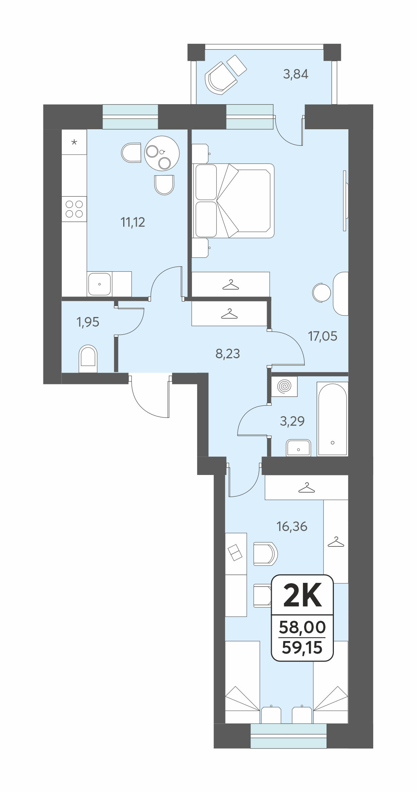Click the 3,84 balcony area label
click(296, 74)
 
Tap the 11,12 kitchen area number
click(133, 222)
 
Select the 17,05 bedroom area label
click(322, 336)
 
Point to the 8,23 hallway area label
click(228, 354)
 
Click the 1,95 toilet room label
click(88, 322)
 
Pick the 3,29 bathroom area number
click(292, 421)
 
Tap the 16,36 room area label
click(292, 527)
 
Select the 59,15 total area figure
click(302, 647)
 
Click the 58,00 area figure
click(302, 627)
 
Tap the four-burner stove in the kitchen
click(74, 209)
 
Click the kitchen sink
click(99, 284)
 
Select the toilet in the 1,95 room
click(88, 359)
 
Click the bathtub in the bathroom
click(332, 419)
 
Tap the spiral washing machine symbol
click(284, 386)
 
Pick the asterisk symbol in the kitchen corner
click(74, 142)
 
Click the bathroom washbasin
click(298, 448)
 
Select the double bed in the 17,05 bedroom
click(234, 201)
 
